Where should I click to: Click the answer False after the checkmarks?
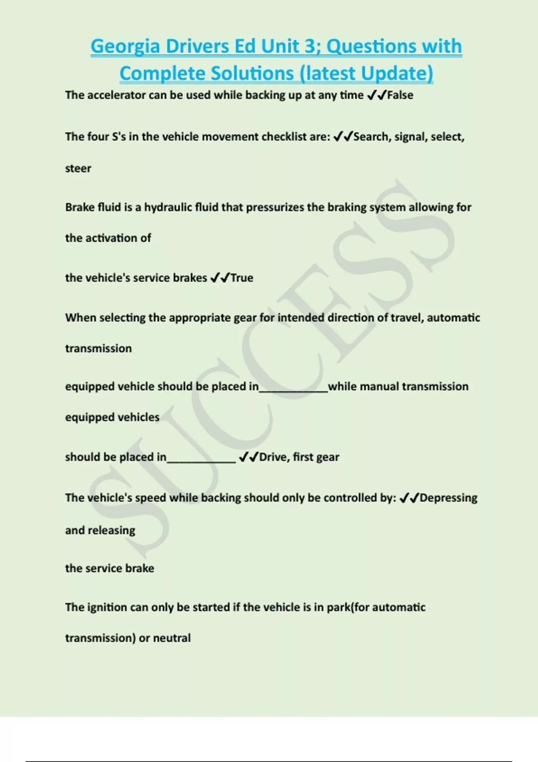[x=400, y=95]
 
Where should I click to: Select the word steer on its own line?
[x=78, y=169]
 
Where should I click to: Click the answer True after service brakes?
[x=242, y=278]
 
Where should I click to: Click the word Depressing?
[x=448, y=498]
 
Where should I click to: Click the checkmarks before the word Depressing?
[x=409, y=498]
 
